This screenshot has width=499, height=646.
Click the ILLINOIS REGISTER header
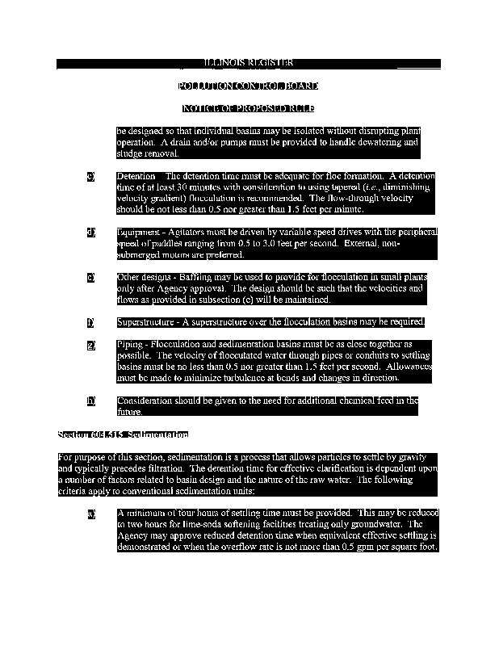(248, 63)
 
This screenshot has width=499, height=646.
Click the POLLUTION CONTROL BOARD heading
(248, 86)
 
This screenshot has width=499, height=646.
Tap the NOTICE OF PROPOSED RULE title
(248, 108)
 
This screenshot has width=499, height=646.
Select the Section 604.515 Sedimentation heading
(124, 434)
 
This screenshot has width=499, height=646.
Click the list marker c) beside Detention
(91, 176)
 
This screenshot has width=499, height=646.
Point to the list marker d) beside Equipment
(91, 233)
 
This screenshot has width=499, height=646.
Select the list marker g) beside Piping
(91, 346)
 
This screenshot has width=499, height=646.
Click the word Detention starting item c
(136, 176)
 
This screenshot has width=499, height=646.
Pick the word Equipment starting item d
(138, 233)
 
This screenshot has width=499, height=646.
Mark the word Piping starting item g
(129, 346)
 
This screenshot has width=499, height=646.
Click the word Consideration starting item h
(145, 401)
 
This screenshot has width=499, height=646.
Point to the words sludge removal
(146, 153)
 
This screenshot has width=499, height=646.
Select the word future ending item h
(129, 412)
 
